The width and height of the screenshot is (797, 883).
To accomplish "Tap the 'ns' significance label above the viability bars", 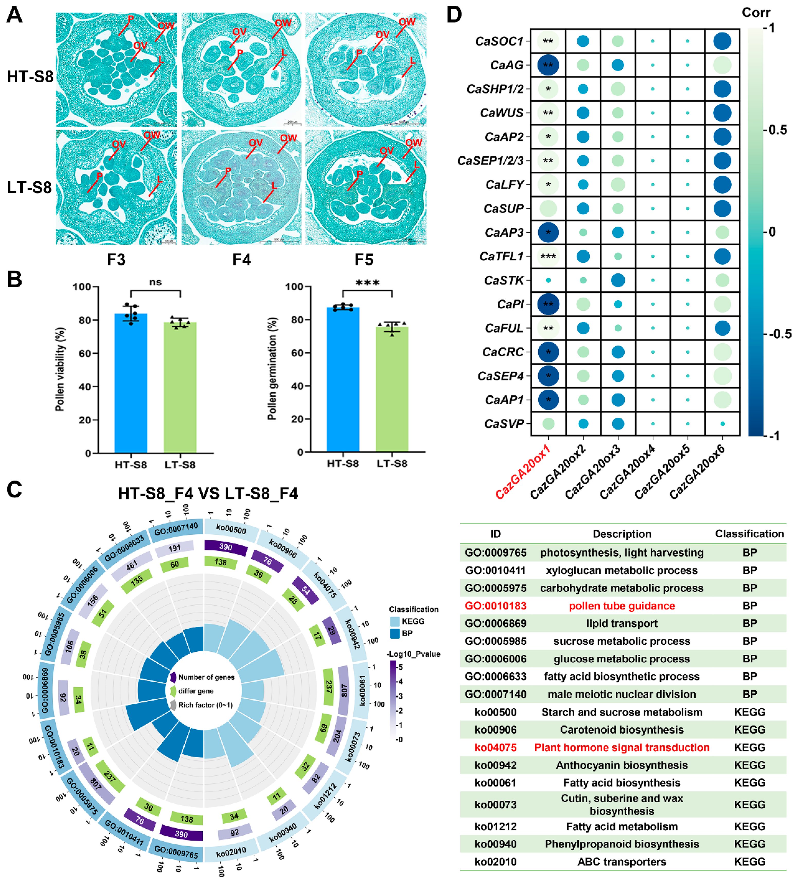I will pyautogui.click(x=155, y=282).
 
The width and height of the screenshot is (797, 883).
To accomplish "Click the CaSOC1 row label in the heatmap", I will pyautogui.click(x=499, y=41).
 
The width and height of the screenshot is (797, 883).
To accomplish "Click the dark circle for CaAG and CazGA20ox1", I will pyautogui.click(x=548, y=65).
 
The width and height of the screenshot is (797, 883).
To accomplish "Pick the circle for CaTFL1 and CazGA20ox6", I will pyautogui.click(x=722, y=256).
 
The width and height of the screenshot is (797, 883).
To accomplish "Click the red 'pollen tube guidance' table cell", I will pyautogui.click(x=622, y=606).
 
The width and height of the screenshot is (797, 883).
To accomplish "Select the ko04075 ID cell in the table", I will pyautogui.click(x=495, y=747).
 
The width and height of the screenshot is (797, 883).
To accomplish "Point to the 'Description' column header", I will pyautogui.click(x=622, y=534).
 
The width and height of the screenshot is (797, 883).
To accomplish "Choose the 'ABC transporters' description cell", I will pyautogui.click(x=622, y=862).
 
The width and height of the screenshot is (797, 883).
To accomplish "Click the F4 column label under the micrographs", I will pyautogui.click(x=241, y=260).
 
